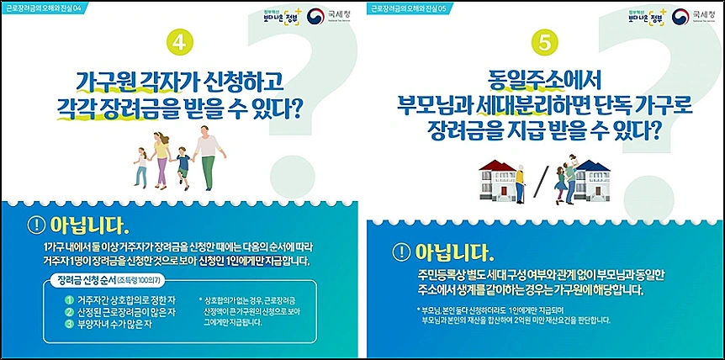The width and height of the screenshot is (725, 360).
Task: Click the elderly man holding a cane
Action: pos(516,177)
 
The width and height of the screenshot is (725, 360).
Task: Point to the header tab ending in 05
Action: pos(417,7)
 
